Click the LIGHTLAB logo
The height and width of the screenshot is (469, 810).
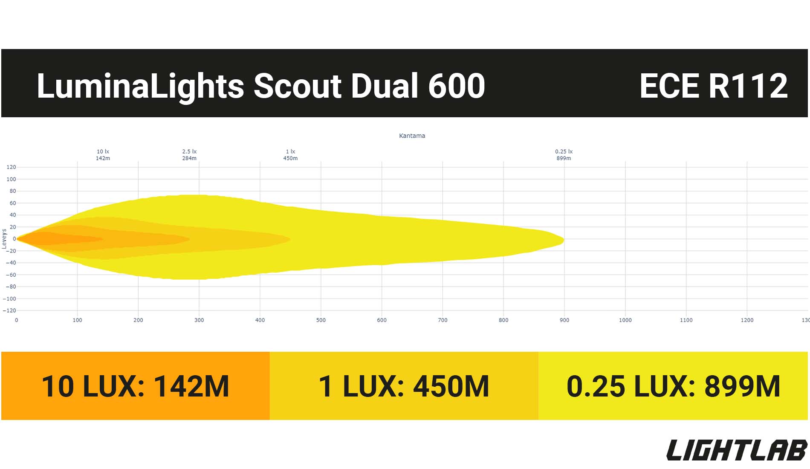tap(737, 450)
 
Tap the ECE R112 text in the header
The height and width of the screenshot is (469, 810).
tap(713, 86)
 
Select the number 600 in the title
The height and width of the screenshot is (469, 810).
tap(456, 86)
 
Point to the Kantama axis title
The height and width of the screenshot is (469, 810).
tap(412, 136)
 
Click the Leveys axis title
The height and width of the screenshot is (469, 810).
tap(4, 239)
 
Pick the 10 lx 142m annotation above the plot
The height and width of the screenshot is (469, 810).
tap(103, 155)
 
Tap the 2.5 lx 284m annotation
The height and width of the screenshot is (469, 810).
tap(189, 155)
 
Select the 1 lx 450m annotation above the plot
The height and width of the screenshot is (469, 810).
tap(290, 155)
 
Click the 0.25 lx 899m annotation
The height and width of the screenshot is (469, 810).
tap(564, 155)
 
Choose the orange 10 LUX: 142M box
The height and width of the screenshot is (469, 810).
tap(136, 386)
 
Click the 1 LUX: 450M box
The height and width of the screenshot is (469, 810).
tap(404, 386)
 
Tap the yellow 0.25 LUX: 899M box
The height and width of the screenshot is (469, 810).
tap(673, 386)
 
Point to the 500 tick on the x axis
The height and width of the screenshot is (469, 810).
tap(321, 320)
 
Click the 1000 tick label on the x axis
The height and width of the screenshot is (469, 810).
tap(625, 320)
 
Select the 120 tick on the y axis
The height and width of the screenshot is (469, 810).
tap(11, 167)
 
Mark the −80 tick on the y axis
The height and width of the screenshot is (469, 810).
tap(11, 287)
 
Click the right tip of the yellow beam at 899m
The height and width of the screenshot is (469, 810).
tap(564, 240)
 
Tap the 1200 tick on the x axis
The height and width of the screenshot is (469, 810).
tap(747, 320)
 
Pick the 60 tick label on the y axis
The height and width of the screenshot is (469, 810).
tap(13, 203)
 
